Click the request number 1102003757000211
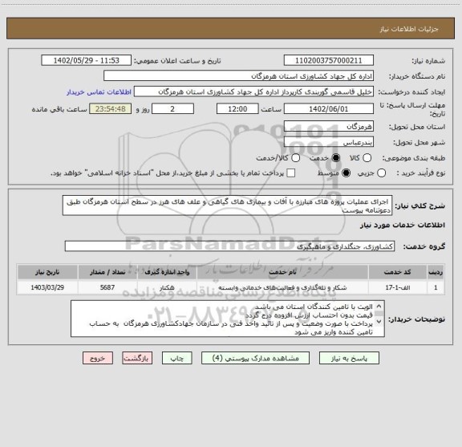pos(329,60)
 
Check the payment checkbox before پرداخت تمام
pos(290,173)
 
